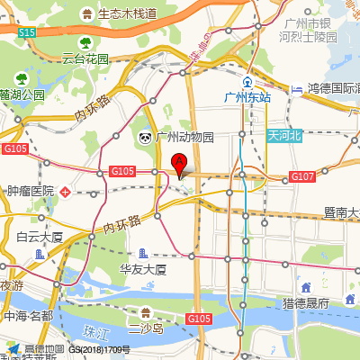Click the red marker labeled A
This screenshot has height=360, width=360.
click(179, 165)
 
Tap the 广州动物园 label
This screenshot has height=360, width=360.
click(184, 138)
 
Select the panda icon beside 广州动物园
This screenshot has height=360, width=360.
click(145, 138)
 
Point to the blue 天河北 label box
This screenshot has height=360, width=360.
click(285, 135)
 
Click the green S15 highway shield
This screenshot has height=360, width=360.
click(27, 32)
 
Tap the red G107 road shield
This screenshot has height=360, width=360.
click(302, 175)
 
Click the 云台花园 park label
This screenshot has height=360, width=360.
click(85, 58)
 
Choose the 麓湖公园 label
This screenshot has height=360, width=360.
click(22, 94)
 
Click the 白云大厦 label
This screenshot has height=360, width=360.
click(40, 237)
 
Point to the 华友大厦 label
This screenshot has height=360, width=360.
click(144, 269)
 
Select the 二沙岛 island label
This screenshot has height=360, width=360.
click(145, 329)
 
